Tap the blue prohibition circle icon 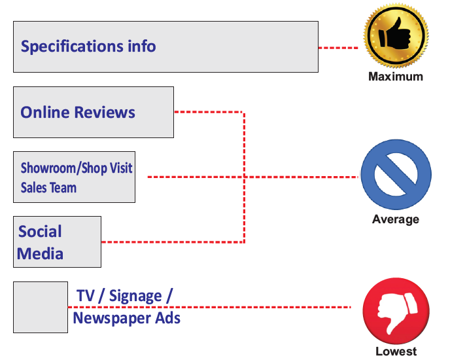[x=396, y=177]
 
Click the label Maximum [x=396, y=77]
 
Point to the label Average [x=396, y=219]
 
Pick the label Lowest [x=396, y=351]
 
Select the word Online [x=44, y=113]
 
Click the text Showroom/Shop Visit [x=77, y=168]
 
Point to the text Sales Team [x=48, y=188]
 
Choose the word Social [x=40, y=232]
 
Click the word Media [x=40, y=253]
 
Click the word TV [x=86, y=296]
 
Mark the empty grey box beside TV [x=41, y=307]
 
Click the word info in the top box [x=142, y=47]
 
